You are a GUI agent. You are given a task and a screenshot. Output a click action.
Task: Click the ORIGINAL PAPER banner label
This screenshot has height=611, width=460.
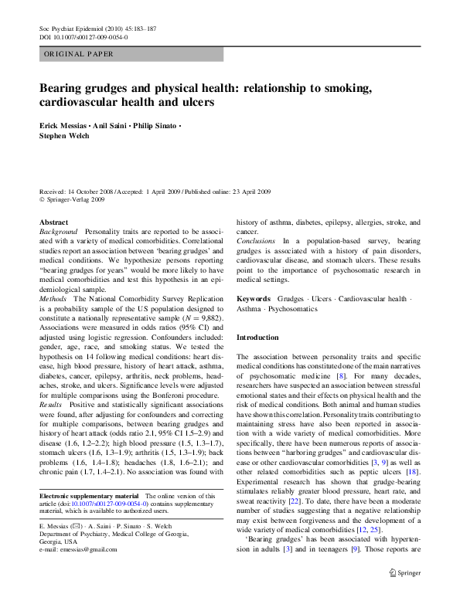coord(79,54)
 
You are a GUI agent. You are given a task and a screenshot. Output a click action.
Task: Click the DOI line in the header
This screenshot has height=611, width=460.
coord(83,36)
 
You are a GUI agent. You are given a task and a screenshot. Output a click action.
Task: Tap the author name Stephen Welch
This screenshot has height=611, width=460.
coord(65,137)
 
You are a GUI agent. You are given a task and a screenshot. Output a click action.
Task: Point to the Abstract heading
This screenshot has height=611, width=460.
coord(53,222)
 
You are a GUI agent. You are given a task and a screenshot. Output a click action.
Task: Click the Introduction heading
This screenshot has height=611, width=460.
coord(257,338)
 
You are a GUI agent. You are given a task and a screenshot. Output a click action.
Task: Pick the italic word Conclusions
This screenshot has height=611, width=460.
coord(256,241)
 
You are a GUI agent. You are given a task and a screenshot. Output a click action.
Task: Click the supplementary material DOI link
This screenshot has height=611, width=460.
coord(104,503)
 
